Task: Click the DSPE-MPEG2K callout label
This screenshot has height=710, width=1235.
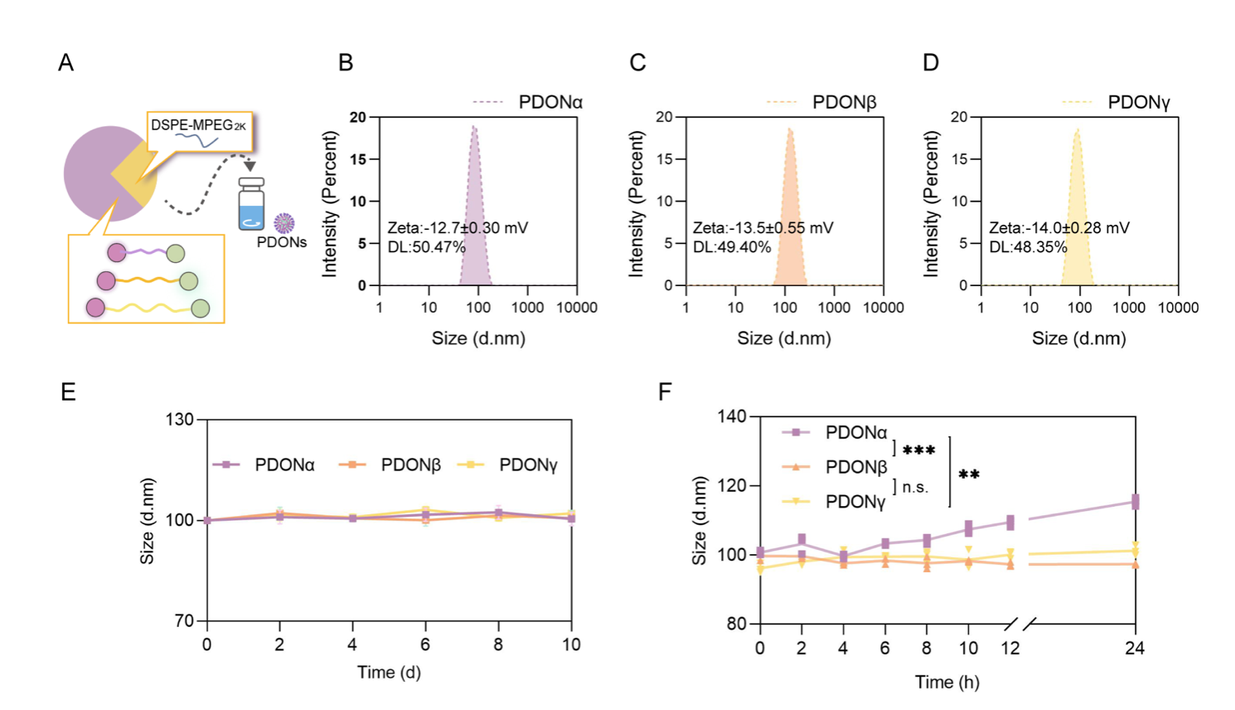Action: pos(199,126)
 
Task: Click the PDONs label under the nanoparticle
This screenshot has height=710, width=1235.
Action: pos(281,242)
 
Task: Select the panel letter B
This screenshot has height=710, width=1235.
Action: pos(346,63)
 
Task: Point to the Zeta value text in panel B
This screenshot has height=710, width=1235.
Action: pos(458,227)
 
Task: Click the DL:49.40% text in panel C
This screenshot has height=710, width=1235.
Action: pos(732,246)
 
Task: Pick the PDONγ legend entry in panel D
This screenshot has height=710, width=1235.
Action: pos(1138,102)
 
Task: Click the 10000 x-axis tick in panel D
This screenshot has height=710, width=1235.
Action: pos(1178,308)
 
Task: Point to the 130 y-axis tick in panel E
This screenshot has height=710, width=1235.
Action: pos(179,420)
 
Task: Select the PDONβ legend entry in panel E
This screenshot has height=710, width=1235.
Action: pos(410,465)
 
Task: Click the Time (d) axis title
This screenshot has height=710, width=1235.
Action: pos(389,672)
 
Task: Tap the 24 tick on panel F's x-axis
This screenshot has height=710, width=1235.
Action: pos(1135,649)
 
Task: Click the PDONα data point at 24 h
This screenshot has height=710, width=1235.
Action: pos(1136,502)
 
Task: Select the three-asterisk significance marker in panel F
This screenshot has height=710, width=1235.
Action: pos(918,451)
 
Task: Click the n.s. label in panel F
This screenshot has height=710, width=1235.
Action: pos(915,487)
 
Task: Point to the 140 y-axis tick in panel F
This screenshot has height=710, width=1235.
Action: pos(731,416)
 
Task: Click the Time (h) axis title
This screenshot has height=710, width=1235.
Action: pos(947,682)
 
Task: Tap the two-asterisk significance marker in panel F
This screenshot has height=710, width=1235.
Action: pos(969,475)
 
